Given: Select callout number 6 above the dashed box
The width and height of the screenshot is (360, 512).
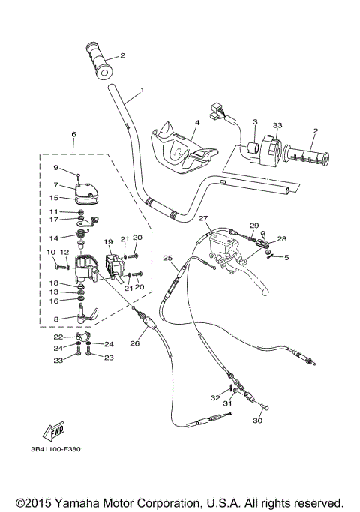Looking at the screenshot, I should click(x=73, y=134).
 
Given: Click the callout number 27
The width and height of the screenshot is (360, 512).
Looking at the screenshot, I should click(x=202, y=218).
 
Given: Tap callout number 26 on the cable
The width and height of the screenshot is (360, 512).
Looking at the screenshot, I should click(x=134, y=344).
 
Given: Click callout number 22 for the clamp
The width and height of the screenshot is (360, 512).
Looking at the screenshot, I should click(x=58, y=338).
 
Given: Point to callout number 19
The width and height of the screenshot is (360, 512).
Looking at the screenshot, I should click(x=107, y=242).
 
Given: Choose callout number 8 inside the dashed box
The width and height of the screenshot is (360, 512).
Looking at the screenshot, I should click(x=55, y=318).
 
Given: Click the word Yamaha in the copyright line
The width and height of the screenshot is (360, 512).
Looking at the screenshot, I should click(x=80, y=502).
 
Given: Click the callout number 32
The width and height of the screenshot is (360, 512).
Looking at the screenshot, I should click(x=215, y=397).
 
